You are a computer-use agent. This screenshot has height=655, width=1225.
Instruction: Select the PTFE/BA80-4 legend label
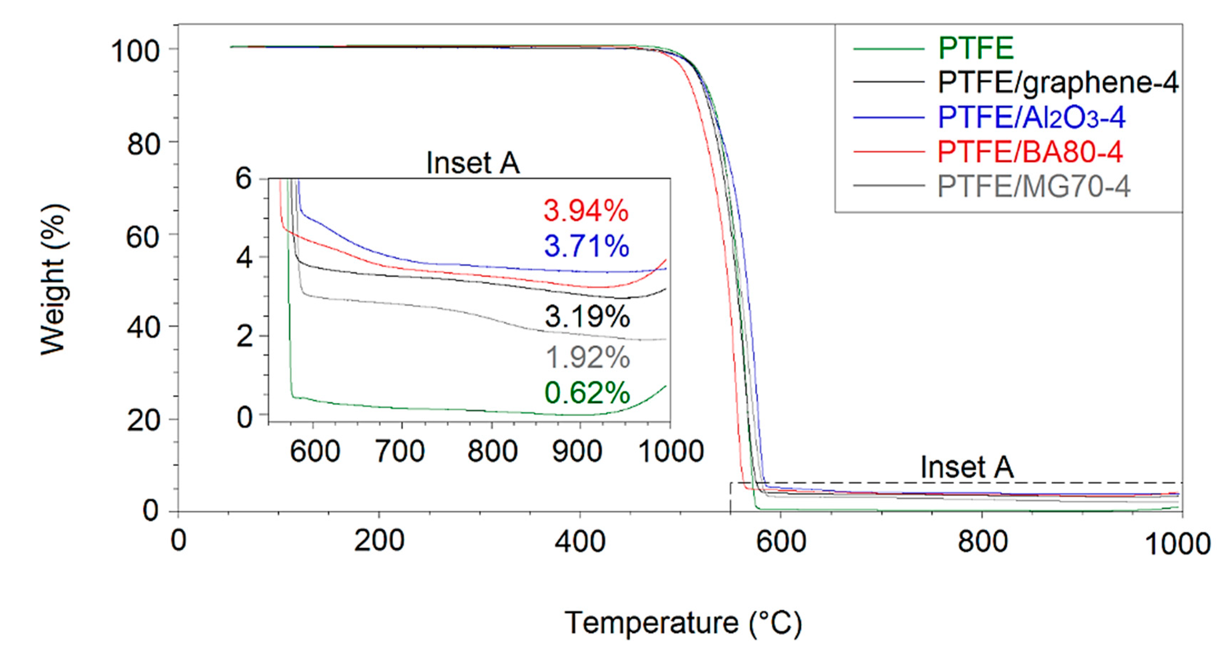tap(1030, 152)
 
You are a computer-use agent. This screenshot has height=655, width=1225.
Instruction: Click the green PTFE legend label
tap(976, 48)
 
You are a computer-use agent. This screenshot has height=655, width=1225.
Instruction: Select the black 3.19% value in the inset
tap(587, 316)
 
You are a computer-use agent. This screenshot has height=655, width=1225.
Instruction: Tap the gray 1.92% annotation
tap(587, 357)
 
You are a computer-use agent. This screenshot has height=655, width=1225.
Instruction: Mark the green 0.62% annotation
tap(587, 393)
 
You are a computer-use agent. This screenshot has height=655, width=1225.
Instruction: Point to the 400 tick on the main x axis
tap(580, 541)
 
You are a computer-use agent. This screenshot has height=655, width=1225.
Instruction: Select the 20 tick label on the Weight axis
tap(142, 421)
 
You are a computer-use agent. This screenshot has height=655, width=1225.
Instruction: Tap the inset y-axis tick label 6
tap(244, 179)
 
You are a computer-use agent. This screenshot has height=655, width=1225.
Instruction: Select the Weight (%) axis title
tap(53, 280)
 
